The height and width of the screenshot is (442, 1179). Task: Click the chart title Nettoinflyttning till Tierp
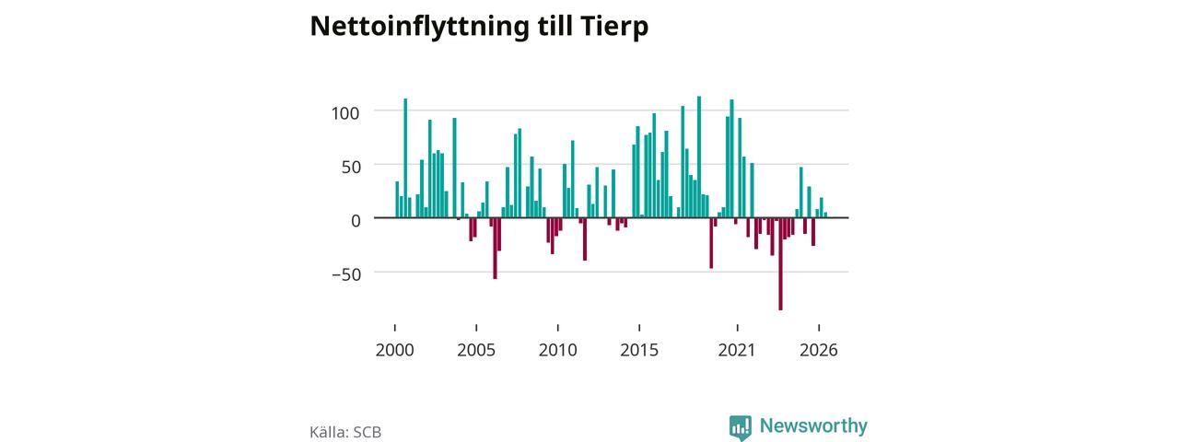[x=479, y=27]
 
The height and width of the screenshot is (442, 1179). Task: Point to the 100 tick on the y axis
[x=345, y=112]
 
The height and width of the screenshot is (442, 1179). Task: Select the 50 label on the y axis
[x=351, y=168]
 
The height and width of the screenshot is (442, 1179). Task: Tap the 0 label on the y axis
[x=356, y=221]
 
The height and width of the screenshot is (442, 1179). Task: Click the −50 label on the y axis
[x=346, y=274]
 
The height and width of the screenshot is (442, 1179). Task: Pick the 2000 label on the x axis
[x=395, y=350]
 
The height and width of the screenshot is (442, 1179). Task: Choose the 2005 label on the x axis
[x=476, y=350]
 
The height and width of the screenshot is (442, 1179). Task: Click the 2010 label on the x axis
[x=558, y=350]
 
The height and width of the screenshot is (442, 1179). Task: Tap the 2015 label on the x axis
[x=639, y=350]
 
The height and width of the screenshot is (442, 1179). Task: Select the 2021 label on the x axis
[x=737, y=350]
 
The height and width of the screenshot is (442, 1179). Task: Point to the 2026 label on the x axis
[x=819, y=350]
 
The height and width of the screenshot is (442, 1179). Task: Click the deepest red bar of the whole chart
[x=780, y=263]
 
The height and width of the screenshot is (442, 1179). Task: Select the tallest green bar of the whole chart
[x=699, y=157]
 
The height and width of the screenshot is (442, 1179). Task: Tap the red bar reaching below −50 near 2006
[x=495, y=248]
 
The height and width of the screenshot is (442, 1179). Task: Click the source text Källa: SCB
[x=345, y=432]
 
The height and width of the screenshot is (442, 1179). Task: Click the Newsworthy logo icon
[x=740, y=427]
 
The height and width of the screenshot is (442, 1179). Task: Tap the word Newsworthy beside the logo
[x=813, y=425]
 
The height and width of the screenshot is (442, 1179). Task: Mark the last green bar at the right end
[x=825, y=215]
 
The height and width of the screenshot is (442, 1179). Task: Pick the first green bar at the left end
[x=397, y=200]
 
